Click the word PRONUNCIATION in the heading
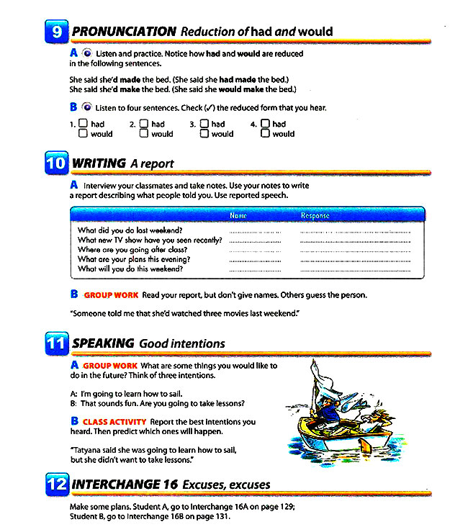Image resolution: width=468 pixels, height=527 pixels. coord(124,32)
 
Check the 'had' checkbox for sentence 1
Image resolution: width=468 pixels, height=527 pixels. coord(84,124)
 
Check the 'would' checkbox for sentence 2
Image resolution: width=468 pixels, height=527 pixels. coord(144,133)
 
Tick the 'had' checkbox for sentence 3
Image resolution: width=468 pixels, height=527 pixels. coord(204,124)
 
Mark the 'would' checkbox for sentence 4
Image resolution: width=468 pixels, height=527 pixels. coord(265,133)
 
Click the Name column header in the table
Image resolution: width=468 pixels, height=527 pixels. coord(238,215)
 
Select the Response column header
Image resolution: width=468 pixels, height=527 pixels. coord(315,215)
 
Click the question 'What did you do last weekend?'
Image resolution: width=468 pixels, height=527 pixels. coord(130,230)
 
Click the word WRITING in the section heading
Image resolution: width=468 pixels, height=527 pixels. coord(99,163)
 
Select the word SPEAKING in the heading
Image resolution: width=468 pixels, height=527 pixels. coord(103,343)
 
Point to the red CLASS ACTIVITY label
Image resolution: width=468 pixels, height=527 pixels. coord(114,422)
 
